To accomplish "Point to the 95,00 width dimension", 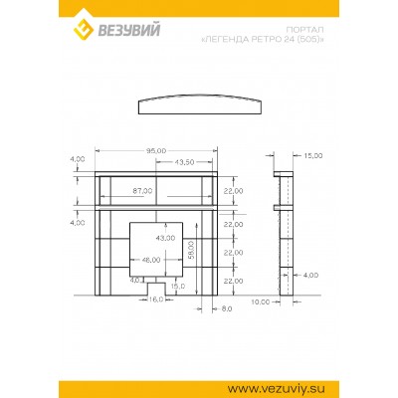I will click(155, 150).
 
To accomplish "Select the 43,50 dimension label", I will click(184, 161).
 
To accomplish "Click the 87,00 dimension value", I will click(141, 190).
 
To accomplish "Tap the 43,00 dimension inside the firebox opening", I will click(165, 239).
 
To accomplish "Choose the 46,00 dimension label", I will click(151, 260).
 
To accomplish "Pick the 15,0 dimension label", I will click(178, 286).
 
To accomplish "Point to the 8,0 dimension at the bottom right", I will click(226, 310).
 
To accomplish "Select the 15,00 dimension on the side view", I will click(313, 156).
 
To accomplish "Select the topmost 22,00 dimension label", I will click(233, 190).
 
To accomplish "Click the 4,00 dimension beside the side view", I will click(310, 275).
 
